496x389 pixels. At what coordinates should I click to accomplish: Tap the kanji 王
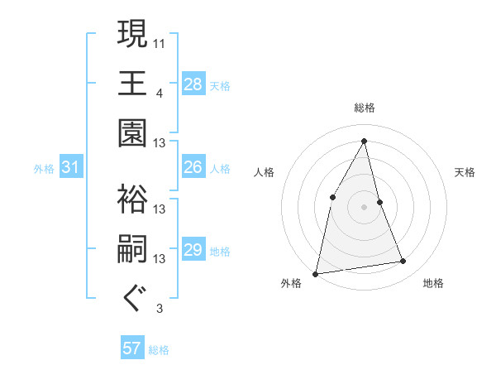[x=133, y=83]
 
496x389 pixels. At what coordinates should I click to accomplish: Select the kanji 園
[x=133, y=132]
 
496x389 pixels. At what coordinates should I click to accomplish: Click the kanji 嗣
[x=133, y=249]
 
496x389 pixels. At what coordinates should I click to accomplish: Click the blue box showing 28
[x=193, y=84]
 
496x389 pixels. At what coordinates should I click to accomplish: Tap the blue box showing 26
[x=193, y=167]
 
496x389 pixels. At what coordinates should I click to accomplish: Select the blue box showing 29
[x=193, y=250]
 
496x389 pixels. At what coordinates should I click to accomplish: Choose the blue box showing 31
[x=70, y=168]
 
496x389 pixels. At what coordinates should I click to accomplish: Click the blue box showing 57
[x=132, y=348]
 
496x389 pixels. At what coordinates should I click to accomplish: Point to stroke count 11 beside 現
[x=160, y=42]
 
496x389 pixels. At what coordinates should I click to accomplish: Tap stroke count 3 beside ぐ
[x=159, y=310]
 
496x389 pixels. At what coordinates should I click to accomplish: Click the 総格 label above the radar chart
[x=365, y=108]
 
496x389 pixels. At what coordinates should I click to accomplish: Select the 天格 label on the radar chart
[x=465, y=173]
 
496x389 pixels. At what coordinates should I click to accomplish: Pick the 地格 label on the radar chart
[x=433, y=283]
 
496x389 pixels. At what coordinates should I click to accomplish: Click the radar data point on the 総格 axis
[x=365, y=140]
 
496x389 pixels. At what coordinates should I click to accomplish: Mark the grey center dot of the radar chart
[x=365, y=207]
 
